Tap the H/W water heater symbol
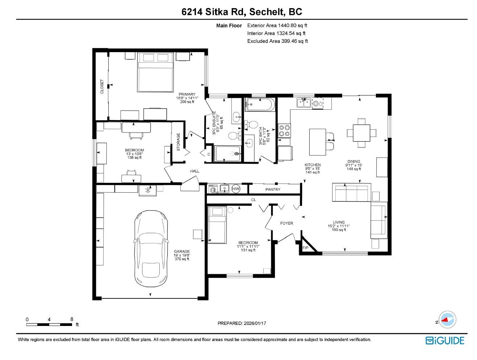click(235, 189)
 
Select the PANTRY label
click(272, 189)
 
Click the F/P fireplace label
click(305, 248)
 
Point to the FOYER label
click(286, 223)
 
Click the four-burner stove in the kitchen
click(284, 131)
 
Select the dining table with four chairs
click(361, 133)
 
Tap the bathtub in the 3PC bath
click(260, 105)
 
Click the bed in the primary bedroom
click(155, 72)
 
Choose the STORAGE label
click(178, 142)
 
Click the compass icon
click(447, 319)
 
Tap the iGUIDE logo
click(445, 340)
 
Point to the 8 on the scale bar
click(72, 319)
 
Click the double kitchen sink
click(304, 102)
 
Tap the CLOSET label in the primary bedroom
click(102, 87)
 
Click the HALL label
click(194, 171)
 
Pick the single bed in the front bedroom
click(217, 225)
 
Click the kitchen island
click(317, 142)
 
